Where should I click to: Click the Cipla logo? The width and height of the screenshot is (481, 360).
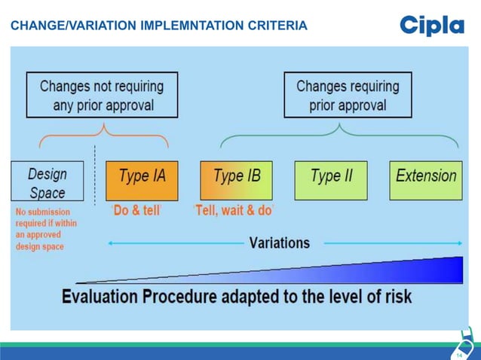coord(431,26)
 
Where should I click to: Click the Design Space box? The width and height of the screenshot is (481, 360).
coord(47,181)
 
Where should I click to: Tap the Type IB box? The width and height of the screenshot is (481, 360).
coord(237,180)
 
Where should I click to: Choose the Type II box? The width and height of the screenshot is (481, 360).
coord(331,180)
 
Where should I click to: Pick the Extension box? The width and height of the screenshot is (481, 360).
coord(426,180)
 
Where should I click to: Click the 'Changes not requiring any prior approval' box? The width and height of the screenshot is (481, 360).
coord(101,95)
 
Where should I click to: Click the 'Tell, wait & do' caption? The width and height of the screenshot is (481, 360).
coord(233,211)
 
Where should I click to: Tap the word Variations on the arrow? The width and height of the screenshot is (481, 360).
coord(280,243)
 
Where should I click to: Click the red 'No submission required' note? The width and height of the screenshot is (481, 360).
coord(45,229)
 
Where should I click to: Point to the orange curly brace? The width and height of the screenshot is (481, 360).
coord(103,136)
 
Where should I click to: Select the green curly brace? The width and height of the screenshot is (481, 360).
coord(339,136)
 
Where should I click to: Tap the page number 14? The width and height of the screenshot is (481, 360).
coord(459,352)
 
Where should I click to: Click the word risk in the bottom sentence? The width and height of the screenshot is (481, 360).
coord(397,296)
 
